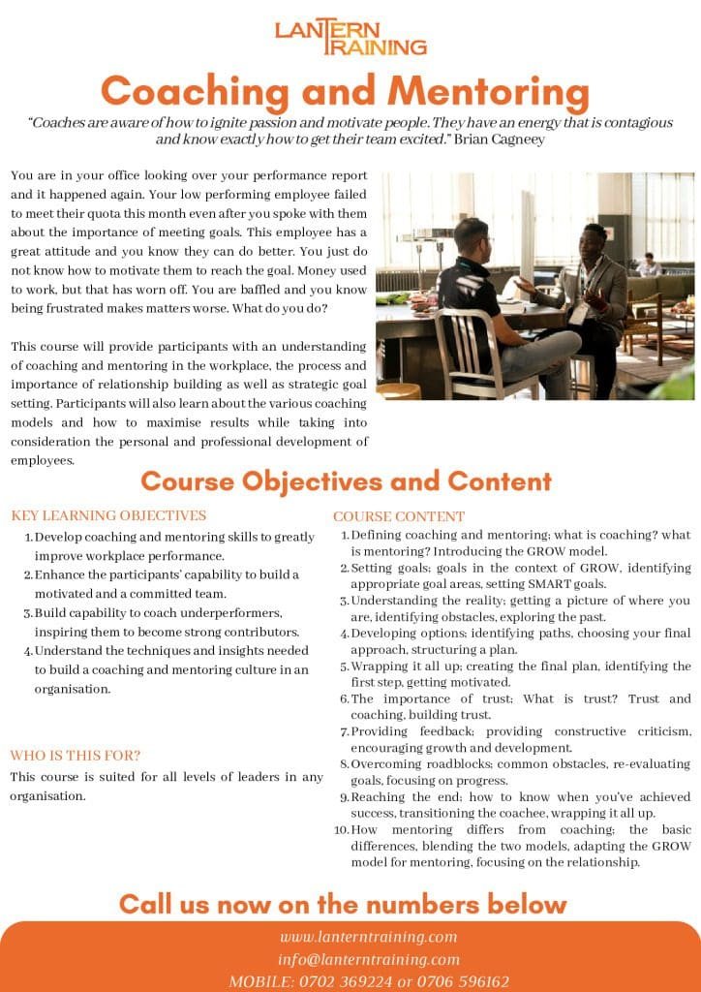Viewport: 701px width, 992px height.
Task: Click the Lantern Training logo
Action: (x=350, y=38)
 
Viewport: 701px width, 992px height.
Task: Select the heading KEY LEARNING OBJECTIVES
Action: (x=107, y=515)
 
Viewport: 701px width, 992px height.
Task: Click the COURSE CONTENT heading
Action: (x=399, y=516)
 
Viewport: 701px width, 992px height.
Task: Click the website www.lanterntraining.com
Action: (x=369, y=937)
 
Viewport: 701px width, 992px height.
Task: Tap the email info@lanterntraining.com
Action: (x=369, y=959)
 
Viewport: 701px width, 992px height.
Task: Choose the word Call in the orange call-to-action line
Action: (x=148, y=904)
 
